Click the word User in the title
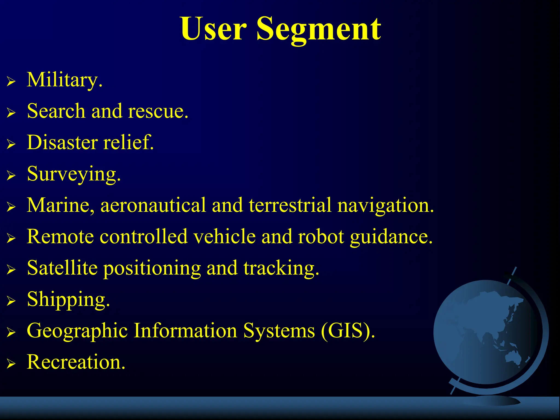[x=214, y=29]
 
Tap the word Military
[x=65, y=80]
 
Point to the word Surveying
[x=74, y=174]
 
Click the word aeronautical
[x=153, y=205]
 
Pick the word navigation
[x=386, y=206]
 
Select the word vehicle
[x=224, y=237]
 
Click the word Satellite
[x=62, y=268]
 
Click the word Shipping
[x=68, y=300]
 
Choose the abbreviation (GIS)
[x=348, y=331]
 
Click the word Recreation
[x=76, y=362]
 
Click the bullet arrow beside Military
[x=11, y=81]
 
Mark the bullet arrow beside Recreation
[x=11, y=364]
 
